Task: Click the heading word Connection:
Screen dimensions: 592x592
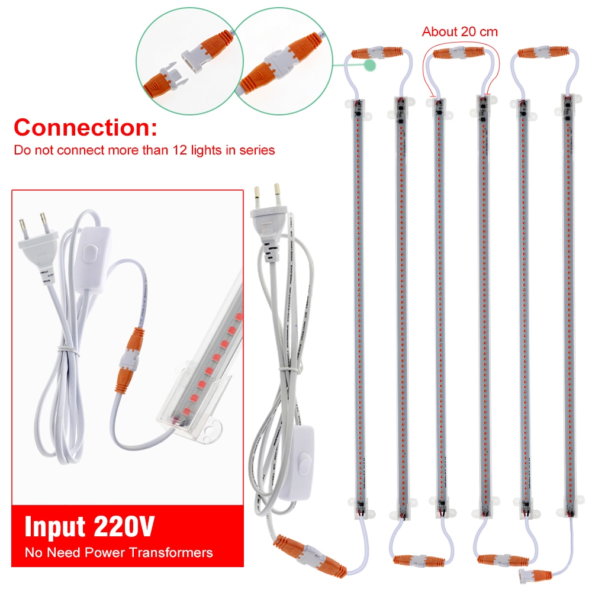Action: pyautogui.click(x=85, y=128)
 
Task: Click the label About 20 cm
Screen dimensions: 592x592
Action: pyautogui.click(x=460, y=32)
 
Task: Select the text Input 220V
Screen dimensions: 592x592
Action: pyautogui.click(x=90, y=526)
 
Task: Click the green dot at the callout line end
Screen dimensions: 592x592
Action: pyautogui.click(x=370, y=65)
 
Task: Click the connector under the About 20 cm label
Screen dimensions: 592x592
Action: pyautogui.click(x=459, y=53)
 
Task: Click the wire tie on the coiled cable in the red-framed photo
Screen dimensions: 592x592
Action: pyautogui.click(x=69, y=350)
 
